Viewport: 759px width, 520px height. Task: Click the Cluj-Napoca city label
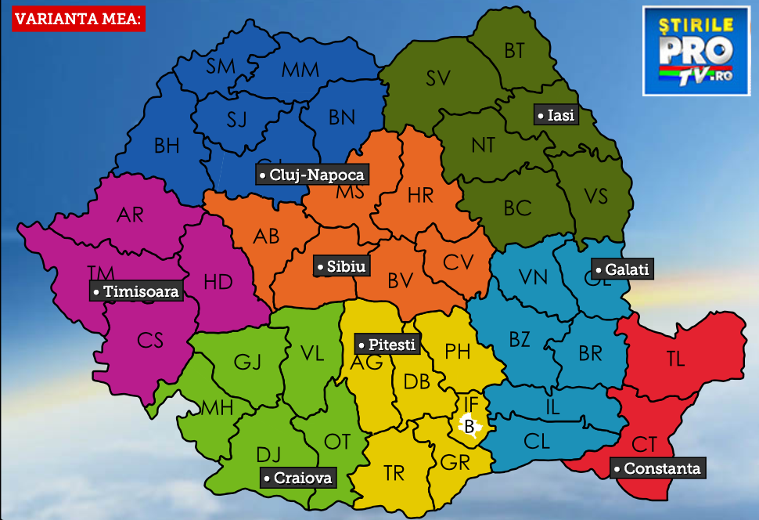pos(311,175)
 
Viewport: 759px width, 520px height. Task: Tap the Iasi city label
pos(556,115)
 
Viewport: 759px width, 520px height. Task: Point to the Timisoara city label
pos(135,291)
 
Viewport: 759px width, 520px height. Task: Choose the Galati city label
pos(621,269)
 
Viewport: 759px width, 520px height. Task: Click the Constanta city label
pos(657,468)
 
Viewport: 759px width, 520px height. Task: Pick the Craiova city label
pos(298,478)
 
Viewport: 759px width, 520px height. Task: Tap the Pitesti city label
pos(386,344)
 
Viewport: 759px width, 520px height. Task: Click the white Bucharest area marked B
pos(469,427)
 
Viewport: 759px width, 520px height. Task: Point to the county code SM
pos(221,67)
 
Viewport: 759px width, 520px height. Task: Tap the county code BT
pos(514,51)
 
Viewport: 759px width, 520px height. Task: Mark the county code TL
pos(675,359)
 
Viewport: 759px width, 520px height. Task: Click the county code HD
pos(218,282)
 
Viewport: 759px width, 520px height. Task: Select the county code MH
pos(217,407)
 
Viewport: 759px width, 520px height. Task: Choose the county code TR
pos(394,473)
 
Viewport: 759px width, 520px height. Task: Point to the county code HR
pos(420,195)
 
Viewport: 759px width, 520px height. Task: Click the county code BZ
pos(520,339)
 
